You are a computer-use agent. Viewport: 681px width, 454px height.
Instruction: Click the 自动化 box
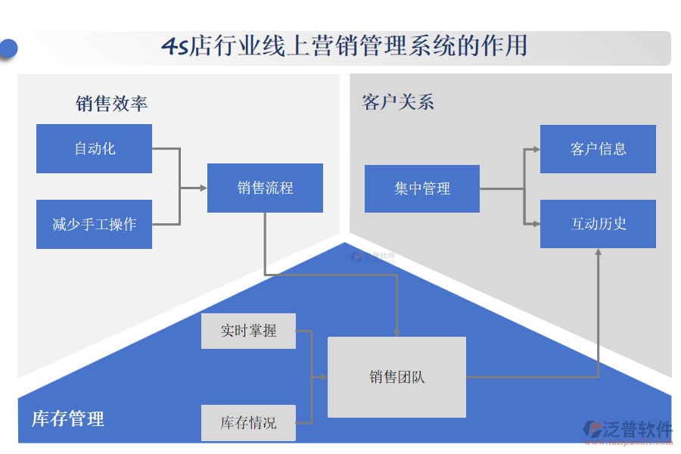pos(94,148)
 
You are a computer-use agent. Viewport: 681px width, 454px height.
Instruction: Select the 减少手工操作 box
pos(94,224)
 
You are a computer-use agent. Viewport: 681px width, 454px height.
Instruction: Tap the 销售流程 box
pos(265,188)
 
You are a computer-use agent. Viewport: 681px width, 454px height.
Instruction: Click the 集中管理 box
pos(421,188)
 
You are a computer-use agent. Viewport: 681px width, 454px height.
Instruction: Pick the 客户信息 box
pos(598,149)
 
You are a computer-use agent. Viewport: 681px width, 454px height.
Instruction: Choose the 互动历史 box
pos(598,224)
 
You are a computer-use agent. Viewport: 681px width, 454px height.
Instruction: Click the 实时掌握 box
pos(248,331)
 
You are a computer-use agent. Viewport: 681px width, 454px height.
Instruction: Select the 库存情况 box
pos(248,422)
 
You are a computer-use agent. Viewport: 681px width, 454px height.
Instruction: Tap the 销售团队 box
pos(396,377)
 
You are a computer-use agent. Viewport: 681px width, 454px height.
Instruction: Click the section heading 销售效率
pos(111,104)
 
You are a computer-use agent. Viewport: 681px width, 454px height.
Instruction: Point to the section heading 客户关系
pos(398,102)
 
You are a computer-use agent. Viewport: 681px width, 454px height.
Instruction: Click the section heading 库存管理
pos(68,418)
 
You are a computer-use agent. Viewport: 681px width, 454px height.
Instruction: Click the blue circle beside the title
pos(8,48)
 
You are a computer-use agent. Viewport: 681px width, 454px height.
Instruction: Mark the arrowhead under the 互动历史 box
pos(598,253)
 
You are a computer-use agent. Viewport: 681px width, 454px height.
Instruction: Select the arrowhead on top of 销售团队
pos(396,332)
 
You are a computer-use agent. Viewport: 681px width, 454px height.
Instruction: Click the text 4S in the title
pos(175,47)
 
